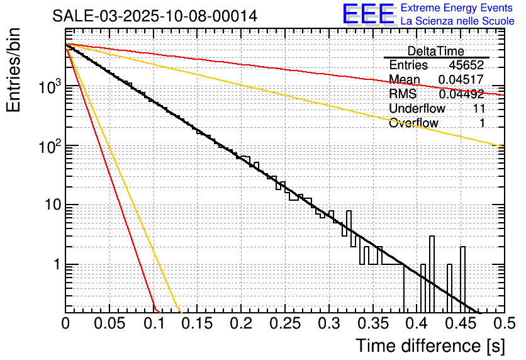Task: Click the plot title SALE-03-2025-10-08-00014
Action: [x=154, y=16]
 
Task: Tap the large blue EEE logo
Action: [x=368, y=14]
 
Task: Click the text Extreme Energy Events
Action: [x=457, y=8]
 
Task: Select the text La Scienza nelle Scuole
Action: [x=457, y=21]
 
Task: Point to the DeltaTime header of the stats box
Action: [x=435, y=51]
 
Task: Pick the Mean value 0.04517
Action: [x=461, y=80]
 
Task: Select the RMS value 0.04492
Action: [x=461, y=94]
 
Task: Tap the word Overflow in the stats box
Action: [x=413, y=123]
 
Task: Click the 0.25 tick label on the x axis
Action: [x=284, y=324]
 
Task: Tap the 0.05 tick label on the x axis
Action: [x=109, y=324]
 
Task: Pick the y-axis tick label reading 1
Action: [x=55, y=265]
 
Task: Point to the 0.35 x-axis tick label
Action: [x=372, y=324]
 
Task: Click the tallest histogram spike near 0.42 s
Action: [x=432, y=238]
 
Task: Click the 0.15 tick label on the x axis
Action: [x=197, y=324]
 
